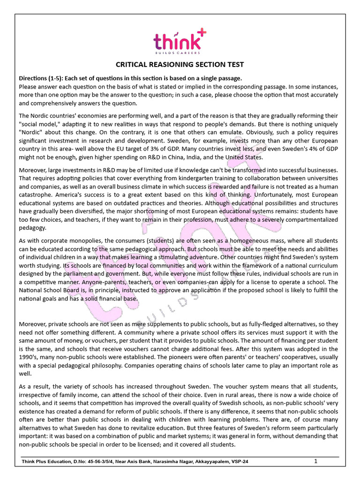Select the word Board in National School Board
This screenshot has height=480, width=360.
(70, 290)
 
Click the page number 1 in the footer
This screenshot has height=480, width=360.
(316, 461)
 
